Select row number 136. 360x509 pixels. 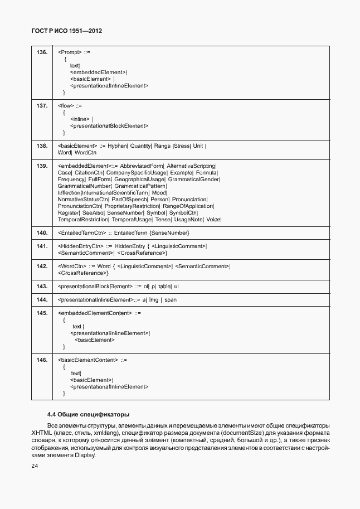click(x=42, y=52)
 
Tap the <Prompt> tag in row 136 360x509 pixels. click(x=70, y=52)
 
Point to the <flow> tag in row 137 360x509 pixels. click(x=66, y=105)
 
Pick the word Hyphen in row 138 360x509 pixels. click(x=118, y=146)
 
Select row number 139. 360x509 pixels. click(x=42, y=166)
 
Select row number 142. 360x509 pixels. click(x=42, y=266)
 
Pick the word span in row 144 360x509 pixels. click(x=170, y=300)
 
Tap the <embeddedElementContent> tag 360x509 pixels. click(x=94, y=313)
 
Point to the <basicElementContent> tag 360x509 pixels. click(x=87, y=360)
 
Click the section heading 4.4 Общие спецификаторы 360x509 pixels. click(x=88, y=414)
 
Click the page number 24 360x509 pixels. click(x=35, y=466)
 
